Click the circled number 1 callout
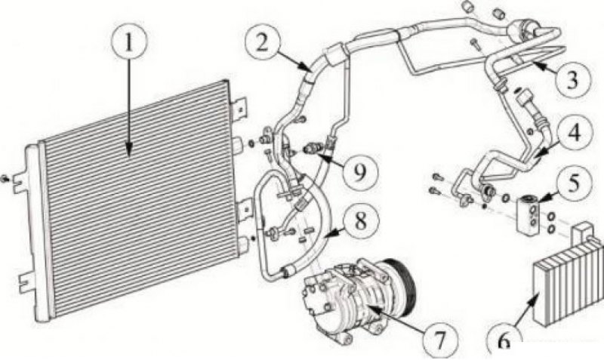(x=128, y=42)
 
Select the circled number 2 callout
(x=262, y=42)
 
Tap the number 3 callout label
(x=572, y=81)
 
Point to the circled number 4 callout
(x=574, y=133)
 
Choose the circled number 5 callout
(x=574, y=183)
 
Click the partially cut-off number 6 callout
(x=504, y=343)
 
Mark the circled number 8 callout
(x=360, y=221)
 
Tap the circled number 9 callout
(x=359, y=172)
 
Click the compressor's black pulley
(x=402, y=283)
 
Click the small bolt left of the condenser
(x=5, y=179)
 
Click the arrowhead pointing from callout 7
(x=372, y=307)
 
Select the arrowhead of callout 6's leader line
(x=535, y=297)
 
